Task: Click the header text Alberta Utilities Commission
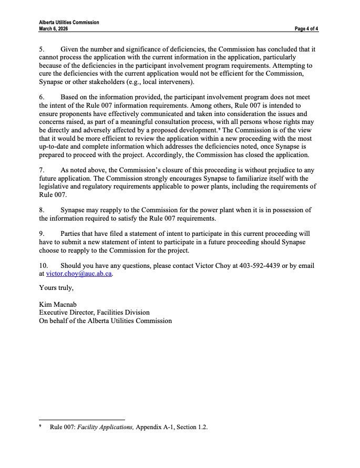tap(69, 23)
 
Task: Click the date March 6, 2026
tap(53, 28)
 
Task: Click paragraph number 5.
tap(42, 48)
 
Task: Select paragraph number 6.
tap(42, 97)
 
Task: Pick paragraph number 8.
tap(42, 210)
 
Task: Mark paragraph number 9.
tap(42, 233)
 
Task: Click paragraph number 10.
tap(43, 265)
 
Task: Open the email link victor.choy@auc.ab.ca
tap(79, 274)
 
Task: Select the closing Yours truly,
tap(56, 288)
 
